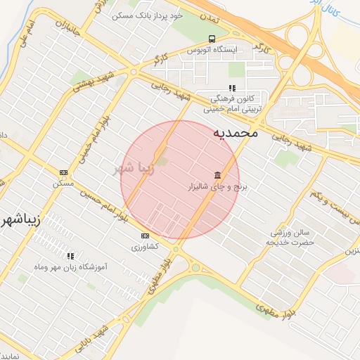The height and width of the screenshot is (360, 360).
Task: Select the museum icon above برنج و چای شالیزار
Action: (x=217, y=175)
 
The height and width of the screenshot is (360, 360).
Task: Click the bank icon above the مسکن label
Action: (x=64, y=172)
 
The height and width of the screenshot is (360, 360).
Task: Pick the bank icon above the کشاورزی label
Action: (x=146, y=236)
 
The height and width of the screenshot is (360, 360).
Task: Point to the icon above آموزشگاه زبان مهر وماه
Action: (x=70, y=257)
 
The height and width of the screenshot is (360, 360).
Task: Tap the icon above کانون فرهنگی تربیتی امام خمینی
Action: (x=231, y=89)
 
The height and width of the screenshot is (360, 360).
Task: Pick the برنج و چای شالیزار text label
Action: (x=208, y=188)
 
